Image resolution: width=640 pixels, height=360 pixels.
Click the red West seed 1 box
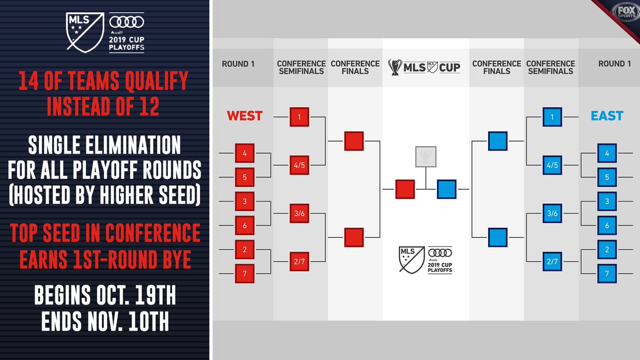[299, 117]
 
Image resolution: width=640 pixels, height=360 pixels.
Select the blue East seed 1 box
[553, 117]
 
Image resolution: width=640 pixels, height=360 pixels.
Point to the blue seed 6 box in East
[607, 226]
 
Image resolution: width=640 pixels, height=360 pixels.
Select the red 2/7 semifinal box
[299, 261]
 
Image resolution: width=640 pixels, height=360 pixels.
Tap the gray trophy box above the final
[426, 156]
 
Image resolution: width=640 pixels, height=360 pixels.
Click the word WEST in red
[244, 116]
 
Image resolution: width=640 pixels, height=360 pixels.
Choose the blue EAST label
[607, 116]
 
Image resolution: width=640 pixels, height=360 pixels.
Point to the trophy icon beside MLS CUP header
[396, 67]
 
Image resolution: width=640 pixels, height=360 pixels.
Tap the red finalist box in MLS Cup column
[405, 189]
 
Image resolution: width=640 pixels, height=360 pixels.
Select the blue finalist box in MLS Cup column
[446, 189]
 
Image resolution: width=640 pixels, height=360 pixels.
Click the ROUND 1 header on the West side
[238, 64]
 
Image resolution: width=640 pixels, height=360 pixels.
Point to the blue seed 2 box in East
[607, 250]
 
